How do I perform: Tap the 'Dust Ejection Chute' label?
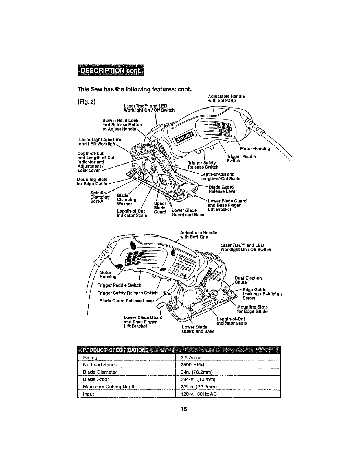click(x=248, y=280)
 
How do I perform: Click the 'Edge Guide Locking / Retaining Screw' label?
click(x=262, y=294)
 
